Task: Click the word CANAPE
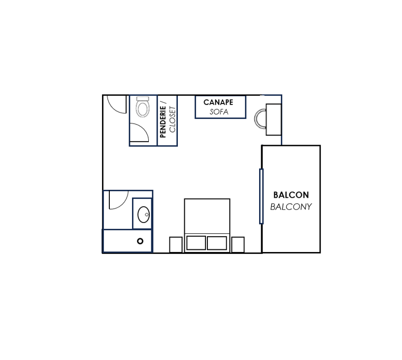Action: tap(218, 102)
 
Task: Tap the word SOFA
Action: tap(219, 112)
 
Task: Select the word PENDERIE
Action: tap(163, 122)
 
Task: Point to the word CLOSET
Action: tap(172, 119)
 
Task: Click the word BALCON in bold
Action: tap(291, 195)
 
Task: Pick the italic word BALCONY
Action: tap(291, 207)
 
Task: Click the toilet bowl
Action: tap(142, 109)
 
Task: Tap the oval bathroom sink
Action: tap(143, 215)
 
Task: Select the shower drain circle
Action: tap(140, 241)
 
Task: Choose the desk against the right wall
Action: tap(273, 119)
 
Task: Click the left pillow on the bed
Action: tap(196, 243)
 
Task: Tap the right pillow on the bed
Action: tap(217, 243)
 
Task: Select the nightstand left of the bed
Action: tap(176, 245)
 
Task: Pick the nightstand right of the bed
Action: tap(238, 245)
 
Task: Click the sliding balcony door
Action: tap(261, 196)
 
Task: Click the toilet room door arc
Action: tap(144, 128)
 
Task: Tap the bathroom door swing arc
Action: tap(123, 205)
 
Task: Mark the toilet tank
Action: tap(143, 99)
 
